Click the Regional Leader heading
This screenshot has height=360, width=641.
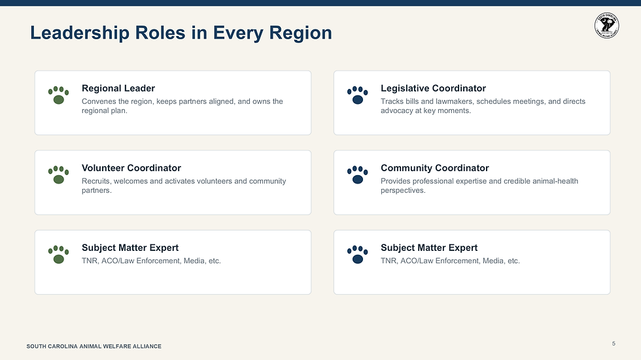(118, 89)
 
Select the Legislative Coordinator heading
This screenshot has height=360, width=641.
(433, 89)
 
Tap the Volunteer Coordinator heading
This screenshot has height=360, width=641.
(131, 168)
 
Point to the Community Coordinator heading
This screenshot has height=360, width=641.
(434, 168)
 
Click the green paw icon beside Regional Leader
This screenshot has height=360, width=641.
(58, 95)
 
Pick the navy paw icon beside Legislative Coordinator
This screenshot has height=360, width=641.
(358, 95)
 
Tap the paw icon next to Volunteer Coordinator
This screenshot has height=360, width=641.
(58, 174)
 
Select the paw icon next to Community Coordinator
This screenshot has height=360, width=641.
(358, 174)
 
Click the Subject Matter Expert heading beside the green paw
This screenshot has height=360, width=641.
(130, 248)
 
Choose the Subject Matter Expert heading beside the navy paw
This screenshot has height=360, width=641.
(429, 248)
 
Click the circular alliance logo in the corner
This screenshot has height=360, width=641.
(607, 25)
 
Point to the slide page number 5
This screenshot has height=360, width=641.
(614, 344)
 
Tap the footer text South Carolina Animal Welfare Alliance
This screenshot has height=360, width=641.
(94, 346)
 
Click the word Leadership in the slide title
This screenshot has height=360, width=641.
(80, 33)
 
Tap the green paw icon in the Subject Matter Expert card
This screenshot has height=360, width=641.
(58, 254)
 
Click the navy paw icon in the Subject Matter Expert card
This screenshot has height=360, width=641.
(358, 254)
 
